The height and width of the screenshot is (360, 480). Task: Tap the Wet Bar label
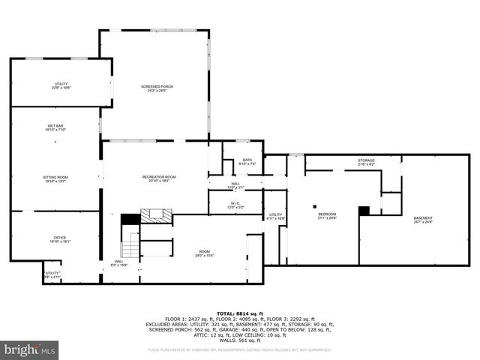click(x=55, y=127)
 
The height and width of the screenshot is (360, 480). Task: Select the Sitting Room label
click(x=55, y=178)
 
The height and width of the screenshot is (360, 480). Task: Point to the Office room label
click(x=59, y=239)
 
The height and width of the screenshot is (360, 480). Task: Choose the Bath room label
click(x=247, y=161)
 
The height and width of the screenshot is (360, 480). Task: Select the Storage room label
click(x=365, y=162)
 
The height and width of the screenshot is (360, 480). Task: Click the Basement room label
click(x=423, y=220)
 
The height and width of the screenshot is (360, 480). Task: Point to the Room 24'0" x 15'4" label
click(x=205, y=253)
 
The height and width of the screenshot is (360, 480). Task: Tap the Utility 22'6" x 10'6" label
click(x=61, y=85)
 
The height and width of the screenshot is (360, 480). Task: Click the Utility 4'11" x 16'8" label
click(x=276, y=216)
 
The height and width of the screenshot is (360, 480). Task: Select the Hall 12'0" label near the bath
click(x=235, y=185)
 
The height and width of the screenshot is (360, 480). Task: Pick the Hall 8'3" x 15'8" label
click(x=119, y=263)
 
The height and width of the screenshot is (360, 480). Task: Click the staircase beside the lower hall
click(x=132, y=244)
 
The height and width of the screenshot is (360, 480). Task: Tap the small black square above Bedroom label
click(x=316, y=206)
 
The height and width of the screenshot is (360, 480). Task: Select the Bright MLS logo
click(x=30, y=349)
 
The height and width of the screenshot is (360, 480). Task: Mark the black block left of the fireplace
click(x=130, y=219)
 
